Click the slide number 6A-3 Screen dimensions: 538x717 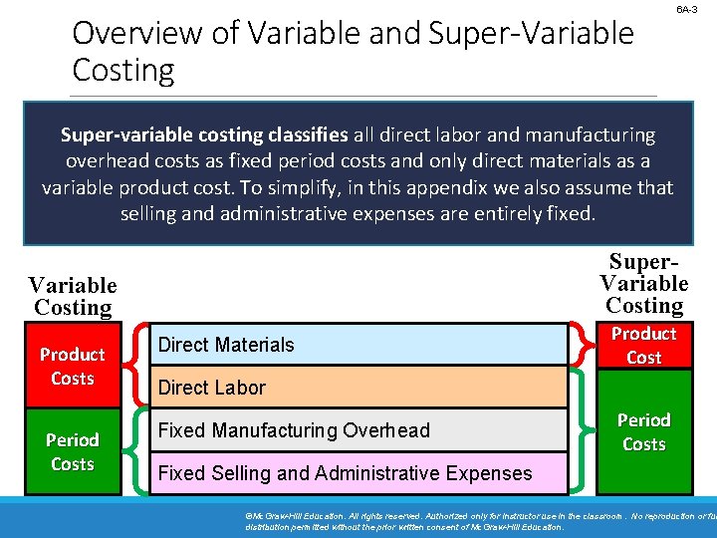tap(686, 9)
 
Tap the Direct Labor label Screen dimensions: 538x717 tap(212, 388)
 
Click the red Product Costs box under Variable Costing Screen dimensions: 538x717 tap(73, 366)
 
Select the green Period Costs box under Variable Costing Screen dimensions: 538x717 tap(73, 451)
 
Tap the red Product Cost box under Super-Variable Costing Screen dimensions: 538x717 tap(643, 345)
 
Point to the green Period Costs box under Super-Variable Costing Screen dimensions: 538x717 tap(643, 431)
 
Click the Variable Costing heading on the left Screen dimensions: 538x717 tap(73, 297)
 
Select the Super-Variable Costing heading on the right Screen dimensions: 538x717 tap(643, 284)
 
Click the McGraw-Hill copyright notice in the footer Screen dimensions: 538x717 tap(478, 520)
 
